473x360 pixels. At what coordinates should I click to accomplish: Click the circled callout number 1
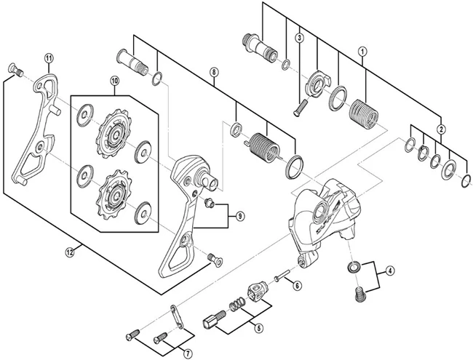(362, 52)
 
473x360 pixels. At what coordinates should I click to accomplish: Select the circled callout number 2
(441, 129)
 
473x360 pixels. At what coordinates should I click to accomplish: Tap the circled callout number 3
(298, 38)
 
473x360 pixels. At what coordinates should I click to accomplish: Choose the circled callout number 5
(258, 328)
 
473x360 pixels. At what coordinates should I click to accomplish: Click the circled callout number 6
(296, 287)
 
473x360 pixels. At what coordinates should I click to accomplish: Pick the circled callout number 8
(213, 72)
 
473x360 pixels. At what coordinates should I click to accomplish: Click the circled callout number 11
(49, 58)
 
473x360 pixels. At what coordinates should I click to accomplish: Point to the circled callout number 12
(70, 252)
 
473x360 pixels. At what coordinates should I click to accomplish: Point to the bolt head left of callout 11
(12, 69)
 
